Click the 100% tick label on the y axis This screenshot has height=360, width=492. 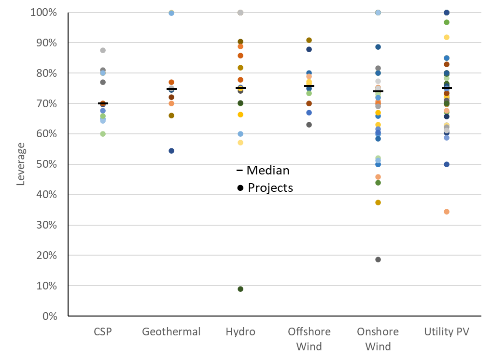pos(43,13)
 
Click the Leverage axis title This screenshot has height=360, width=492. pos(21,164)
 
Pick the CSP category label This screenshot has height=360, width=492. pos(102,332)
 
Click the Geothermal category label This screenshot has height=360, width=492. pos(171,332)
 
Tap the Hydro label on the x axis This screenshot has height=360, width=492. pos(240,332)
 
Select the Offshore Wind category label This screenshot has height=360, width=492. pos(309,339)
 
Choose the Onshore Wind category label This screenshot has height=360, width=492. pos(378,339)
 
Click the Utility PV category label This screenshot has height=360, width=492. pos(447,332)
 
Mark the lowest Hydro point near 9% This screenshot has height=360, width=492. pos(240,289)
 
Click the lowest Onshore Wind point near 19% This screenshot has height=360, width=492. pos(378,259)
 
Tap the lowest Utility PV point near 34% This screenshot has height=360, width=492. pos(447,212)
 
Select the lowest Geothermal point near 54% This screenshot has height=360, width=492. pos(171,151)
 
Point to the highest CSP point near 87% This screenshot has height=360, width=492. pos(103,50)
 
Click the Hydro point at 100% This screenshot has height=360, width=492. pos(240,13)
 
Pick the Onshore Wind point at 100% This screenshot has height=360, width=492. pos(378,13)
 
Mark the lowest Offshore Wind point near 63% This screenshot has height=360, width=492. pos(309,125)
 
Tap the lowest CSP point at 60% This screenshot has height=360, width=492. pos(103,134)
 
